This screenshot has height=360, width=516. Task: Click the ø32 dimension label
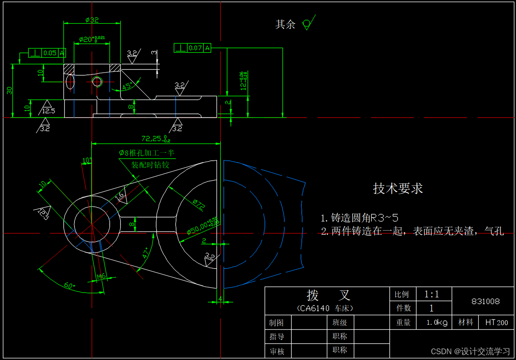92,19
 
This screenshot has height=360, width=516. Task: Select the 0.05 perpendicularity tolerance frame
47,53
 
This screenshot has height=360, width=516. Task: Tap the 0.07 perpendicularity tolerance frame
192,48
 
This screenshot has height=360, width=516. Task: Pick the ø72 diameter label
199,203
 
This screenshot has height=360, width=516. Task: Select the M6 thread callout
101,276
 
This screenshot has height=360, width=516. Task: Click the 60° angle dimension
69,285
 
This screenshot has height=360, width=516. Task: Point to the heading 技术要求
398,188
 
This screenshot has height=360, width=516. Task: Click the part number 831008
485,302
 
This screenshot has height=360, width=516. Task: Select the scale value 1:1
431,294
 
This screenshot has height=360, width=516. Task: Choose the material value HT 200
497,322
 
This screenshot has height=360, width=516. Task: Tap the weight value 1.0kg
437,322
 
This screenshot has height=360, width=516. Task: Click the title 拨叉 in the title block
328,295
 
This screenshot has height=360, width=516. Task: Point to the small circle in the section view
97,81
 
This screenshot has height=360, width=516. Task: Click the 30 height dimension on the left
9,90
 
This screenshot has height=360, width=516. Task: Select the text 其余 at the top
285,24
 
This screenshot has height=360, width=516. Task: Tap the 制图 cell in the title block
277,322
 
